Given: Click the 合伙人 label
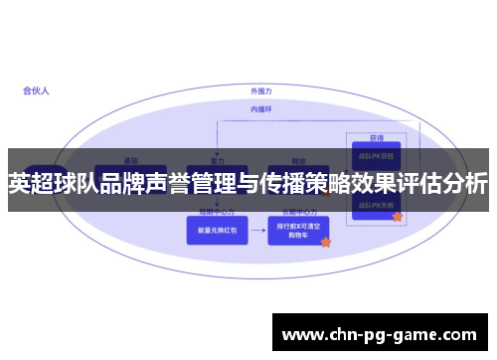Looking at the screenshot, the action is click(36, 90).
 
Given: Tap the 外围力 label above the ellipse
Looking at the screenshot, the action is click(261, 90).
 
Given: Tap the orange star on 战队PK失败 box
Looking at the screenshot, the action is click(397, 216).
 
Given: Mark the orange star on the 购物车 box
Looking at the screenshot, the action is click(325, 242).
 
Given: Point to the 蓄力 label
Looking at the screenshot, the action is click(218, 160).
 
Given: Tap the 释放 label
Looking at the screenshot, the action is click(297, 160).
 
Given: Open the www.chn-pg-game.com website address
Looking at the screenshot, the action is click(380, 333).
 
